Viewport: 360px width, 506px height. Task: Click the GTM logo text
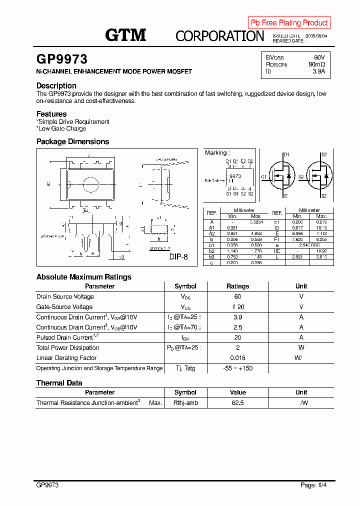point(125,34)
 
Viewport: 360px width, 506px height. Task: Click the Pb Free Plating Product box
point(289,22)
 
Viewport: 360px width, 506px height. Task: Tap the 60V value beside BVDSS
point(319,57)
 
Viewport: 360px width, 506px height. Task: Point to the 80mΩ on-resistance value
point(316,64)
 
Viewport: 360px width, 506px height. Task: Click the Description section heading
point(56,85)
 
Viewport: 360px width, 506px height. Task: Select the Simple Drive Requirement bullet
point(73,121)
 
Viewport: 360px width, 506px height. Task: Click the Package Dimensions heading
point(72,141)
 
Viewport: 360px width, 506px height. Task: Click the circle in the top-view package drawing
point(90,183)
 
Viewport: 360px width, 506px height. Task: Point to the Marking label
point(217,152)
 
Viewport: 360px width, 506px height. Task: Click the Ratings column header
point(237,286)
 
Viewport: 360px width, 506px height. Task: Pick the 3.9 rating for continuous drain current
point(237,317)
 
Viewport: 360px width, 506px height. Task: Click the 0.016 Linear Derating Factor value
point(237,358)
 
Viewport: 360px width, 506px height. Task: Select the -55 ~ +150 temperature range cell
point(237,368)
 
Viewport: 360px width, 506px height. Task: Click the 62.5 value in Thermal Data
point(237,403)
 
